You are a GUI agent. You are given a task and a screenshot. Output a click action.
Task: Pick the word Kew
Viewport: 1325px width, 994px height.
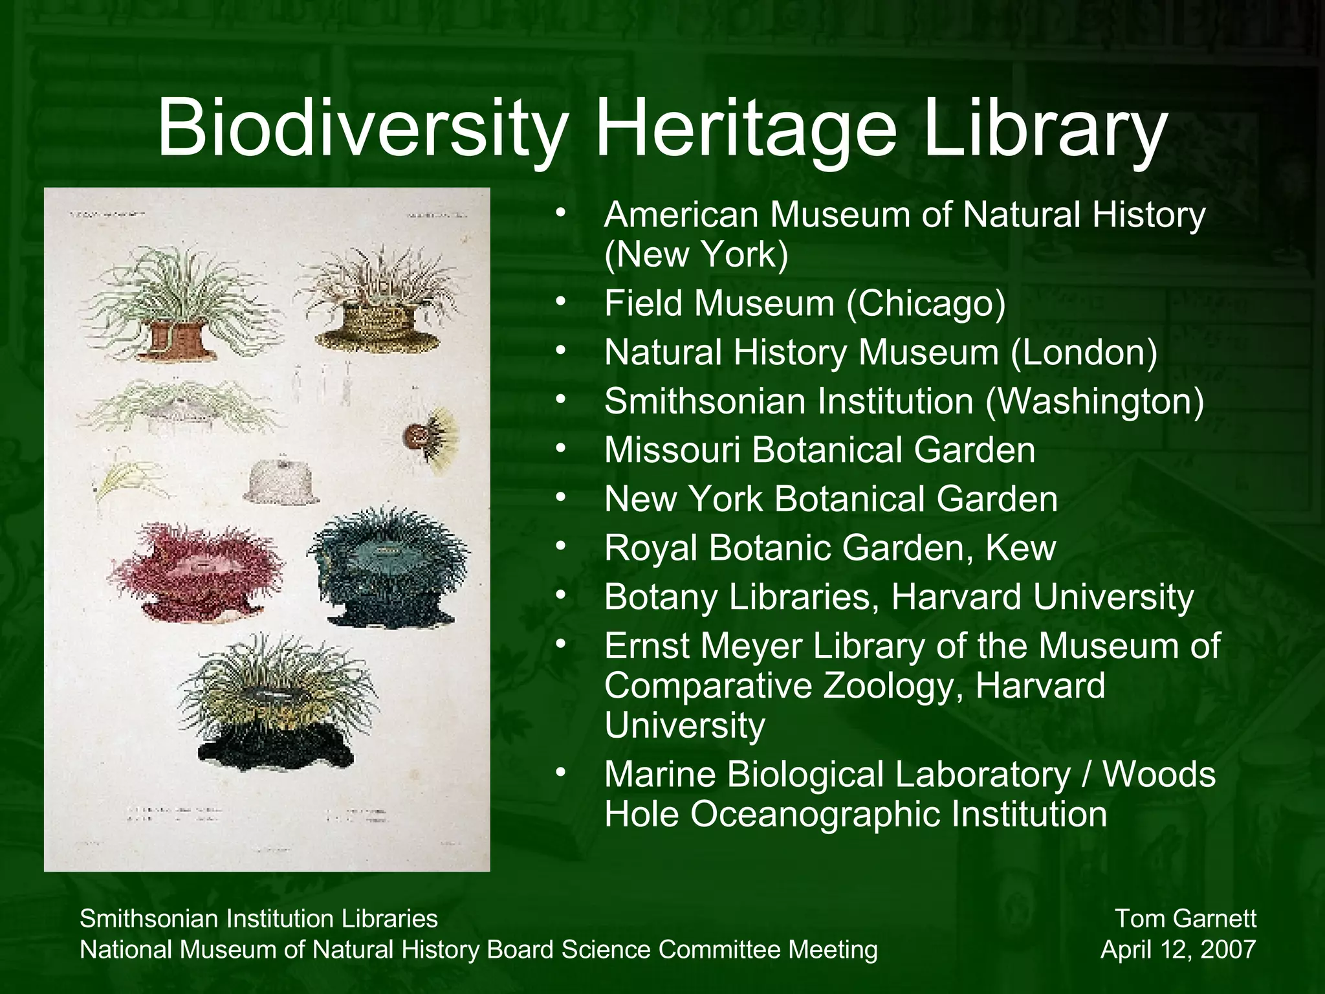click(x=1020, y=548)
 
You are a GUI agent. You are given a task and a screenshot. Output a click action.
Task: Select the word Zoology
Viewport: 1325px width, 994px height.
click(x=893, y=686)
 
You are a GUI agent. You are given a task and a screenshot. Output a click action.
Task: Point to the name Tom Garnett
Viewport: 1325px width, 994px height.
click(x=1185, y=918)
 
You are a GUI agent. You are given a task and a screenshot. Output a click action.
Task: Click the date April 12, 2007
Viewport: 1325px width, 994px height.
click(x=1178, y=949)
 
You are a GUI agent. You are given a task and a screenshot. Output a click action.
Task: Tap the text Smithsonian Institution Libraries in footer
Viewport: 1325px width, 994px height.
click(x=258, y=918)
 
